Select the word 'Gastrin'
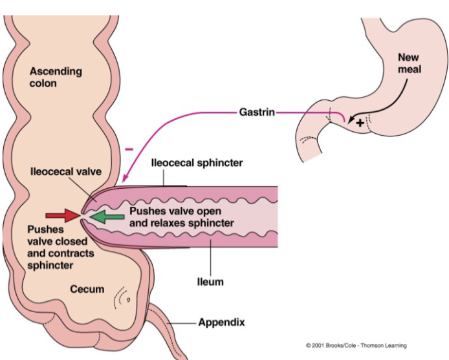256,112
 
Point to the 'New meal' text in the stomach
408,63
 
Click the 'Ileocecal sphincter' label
197,163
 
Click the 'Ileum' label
210,282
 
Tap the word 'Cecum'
87,288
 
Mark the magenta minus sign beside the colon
129,149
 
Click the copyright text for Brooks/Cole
356,346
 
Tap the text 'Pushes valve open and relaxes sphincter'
181,217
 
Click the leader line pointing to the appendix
182,321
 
